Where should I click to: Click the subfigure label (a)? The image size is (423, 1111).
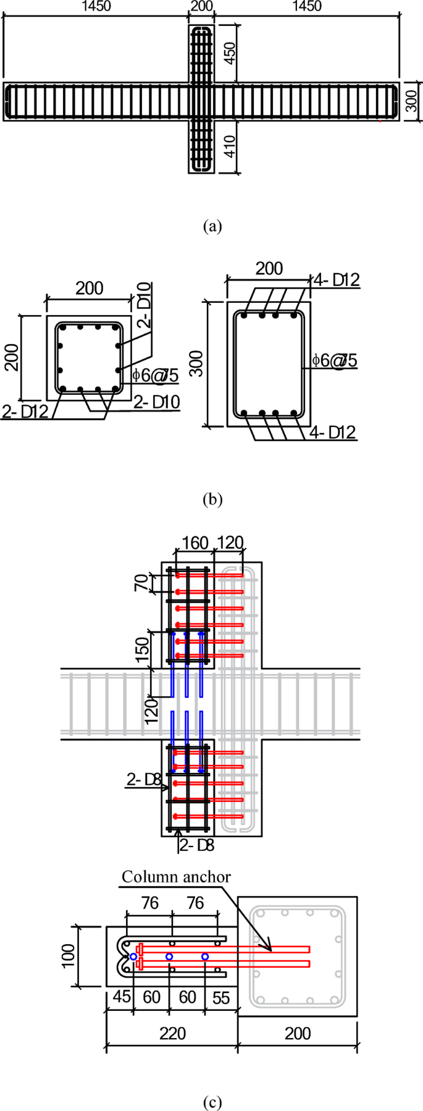pyautogui.click(x=212, y=226)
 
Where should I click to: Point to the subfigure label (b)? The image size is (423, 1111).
pyautogui.click(x=212, y=499)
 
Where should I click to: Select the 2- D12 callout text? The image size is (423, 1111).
pyautogui.click(x=25, y=412)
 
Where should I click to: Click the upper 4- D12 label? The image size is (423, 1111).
pyautogui.click(x=336, y=281)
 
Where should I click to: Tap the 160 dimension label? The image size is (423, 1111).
pyautogui.click(x=195, y=543)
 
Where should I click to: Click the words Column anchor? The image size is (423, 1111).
pyautogui.click(x=176, y=877)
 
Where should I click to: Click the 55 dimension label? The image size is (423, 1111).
pyautogui.click(x=220, y=997)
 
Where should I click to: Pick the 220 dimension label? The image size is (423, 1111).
pyautogui.click(x=172, y=1033)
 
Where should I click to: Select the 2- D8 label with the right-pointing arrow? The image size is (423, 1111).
pyautogui.click(x=144, y=780)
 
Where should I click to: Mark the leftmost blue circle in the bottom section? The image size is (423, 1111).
pyautogui.click(x=133, y=956)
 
